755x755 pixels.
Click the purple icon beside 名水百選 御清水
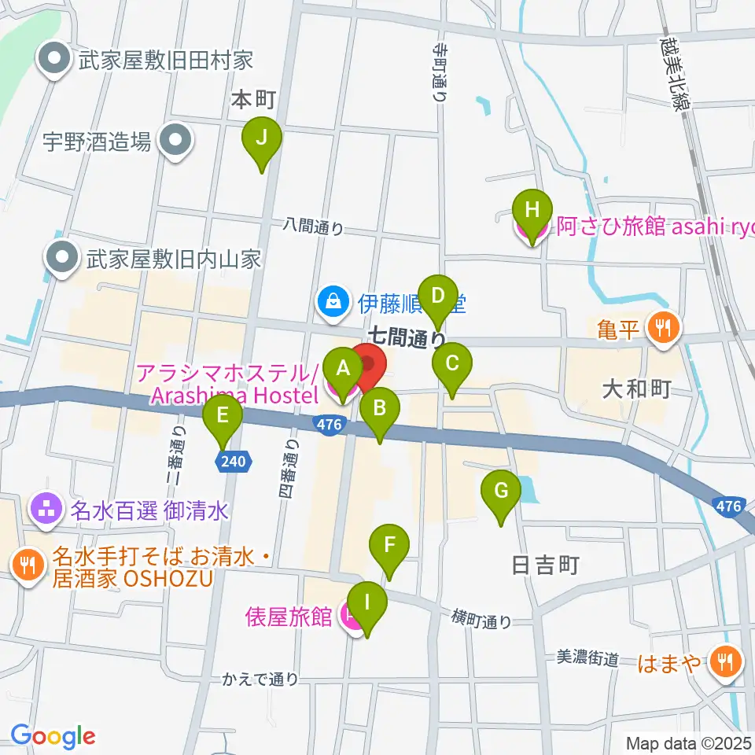click(x=46, y=510)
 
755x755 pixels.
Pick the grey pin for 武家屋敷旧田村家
click(x=56, y=59)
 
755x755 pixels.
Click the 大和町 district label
click(x=636, y=389)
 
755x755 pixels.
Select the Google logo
click(x=53, y=735)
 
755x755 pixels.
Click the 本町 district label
click(x=254, y=100)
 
